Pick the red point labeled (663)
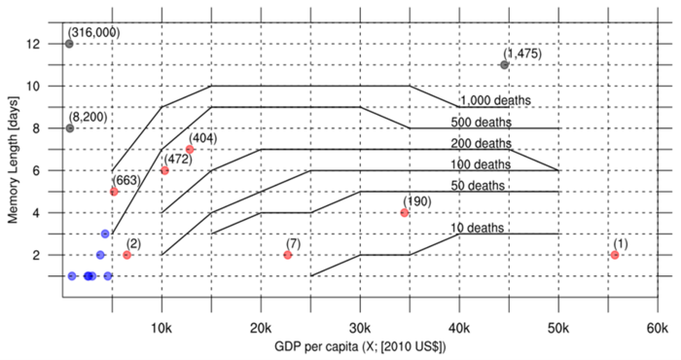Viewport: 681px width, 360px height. pos(114,192)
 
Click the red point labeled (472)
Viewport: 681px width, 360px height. pos(164,170)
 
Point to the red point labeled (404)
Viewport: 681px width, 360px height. pos(190,150)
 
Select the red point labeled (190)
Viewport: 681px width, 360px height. pos(405,213)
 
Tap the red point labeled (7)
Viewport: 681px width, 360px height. pos(288,255)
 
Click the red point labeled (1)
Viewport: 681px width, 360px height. pos(615,255)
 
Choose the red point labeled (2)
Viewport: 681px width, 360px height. pos(127,255)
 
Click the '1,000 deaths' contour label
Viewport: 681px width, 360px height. pos(499,100)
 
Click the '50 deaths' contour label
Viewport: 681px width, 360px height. pos(478,186)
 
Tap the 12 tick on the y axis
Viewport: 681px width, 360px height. pos(48,44)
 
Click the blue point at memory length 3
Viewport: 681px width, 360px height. pos(105,234)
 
